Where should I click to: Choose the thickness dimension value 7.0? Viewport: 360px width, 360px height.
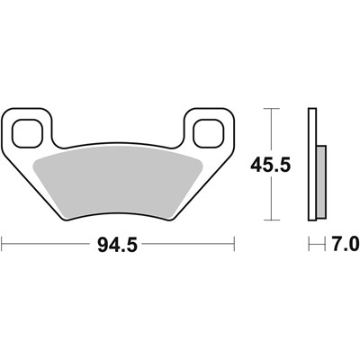pos(343,244)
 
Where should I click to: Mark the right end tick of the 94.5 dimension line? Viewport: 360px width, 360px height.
pos(234,243)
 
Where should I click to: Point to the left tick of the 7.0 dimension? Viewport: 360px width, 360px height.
pos(309,243)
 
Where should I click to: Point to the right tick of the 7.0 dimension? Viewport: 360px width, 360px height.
pos(322,243)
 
